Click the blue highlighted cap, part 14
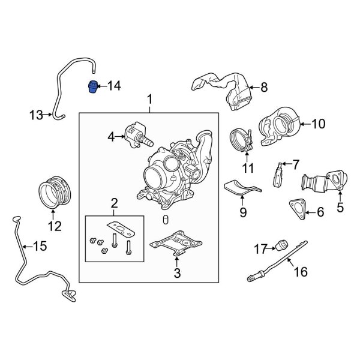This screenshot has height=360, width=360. point(93,86)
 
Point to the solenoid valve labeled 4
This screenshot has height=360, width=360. point(136,134)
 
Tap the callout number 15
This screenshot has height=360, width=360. point(39,245)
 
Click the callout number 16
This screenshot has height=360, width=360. point(299,272)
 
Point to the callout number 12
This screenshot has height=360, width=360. point(55,226)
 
